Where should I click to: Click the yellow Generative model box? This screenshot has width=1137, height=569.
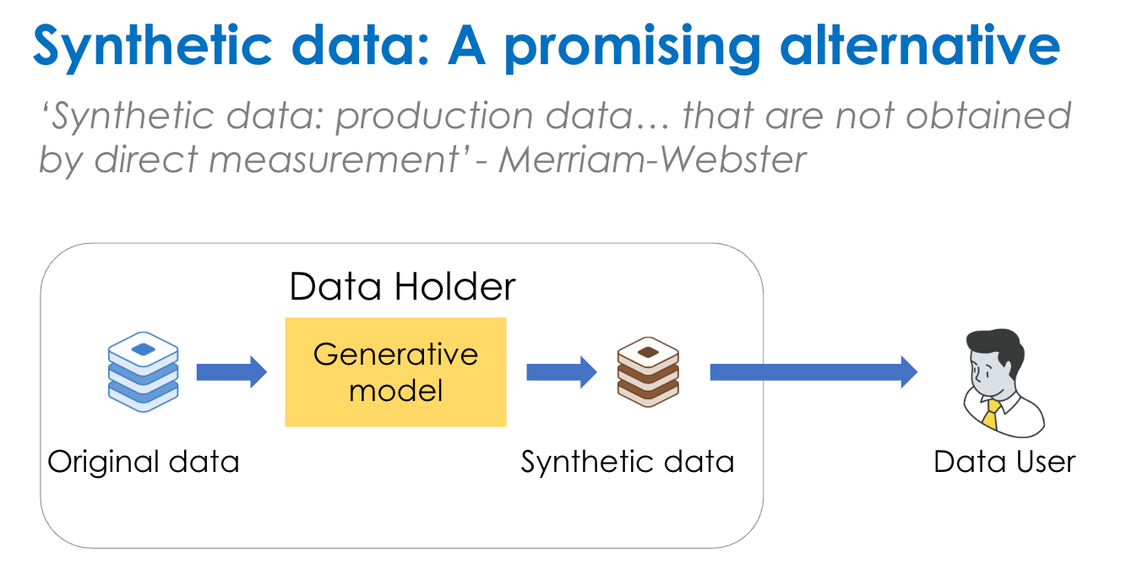pyautogui.click(x=395, y=371)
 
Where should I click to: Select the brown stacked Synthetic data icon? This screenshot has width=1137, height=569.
pyautogui.click(x=648, y=372)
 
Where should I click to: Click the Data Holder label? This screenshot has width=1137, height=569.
pyautogui.click(x=402, y=287)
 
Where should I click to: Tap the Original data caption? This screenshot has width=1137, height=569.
pyautogui.click(x=143, y=462)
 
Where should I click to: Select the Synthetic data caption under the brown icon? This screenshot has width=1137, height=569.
pyautogui.click(x=627, y=462)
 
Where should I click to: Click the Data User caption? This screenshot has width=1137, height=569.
pyautogui.click(x=1004, y=462)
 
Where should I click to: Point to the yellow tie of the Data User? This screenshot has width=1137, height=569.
pyautogui.click(x=991, y=415)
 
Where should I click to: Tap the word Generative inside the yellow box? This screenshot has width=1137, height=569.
pyautogui.click(x=395, y=353)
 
